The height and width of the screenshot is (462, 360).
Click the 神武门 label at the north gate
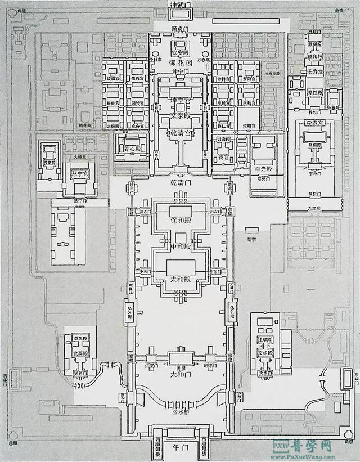(181, 6)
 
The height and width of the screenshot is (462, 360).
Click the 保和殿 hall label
(181, 220)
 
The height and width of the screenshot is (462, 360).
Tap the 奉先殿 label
(263, 168)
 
